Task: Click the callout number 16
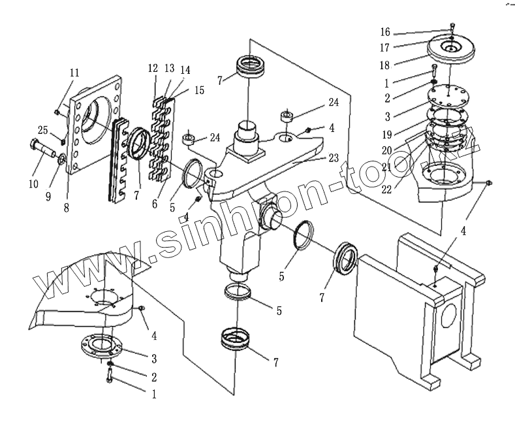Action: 384,32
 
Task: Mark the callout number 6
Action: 155,204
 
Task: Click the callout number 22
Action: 385,189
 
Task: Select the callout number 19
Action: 385,134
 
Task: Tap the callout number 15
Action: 198,90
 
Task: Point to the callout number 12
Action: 153,69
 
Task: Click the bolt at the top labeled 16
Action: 452,26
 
